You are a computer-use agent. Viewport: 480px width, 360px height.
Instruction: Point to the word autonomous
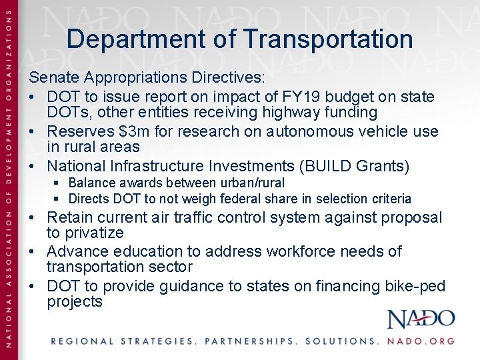311,132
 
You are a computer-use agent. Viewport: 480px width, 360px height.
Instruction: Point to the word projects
75,302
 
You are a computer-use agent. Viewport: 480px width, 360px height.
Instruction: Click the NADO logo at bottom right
421,319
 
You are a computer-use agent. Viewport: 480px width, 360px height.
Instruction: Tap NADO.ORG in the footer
421,341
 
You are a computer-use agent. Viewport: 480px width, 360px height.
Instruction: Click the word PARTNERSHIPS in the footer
249,341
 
